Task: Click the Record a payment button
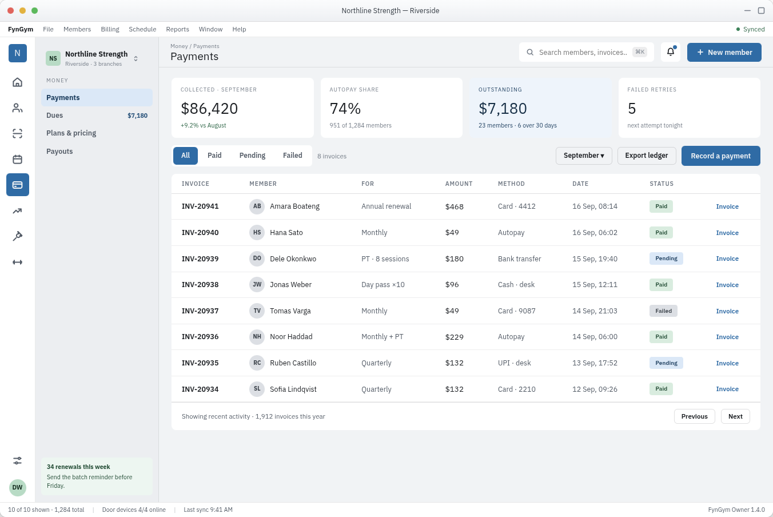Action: coord(720,156)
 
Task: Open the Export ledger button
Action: coord(646,156)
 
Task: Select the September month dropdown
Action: coord(584,156)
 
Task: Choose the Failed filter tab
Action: coord(292,156)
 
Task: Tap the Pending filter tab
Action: coord(252,156)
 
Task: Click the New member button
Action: coord(724,53)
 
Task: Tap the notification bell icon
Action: coord(670,52)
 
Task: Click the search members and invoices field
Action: coord(586,53)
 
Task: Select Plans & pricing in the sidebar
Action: coord(71,133)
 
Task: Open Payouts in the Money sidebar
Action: coord(59,152)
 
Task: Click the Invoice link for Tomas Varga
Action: coord(727,311)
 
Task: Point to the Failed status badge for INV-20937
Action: coord(663,311)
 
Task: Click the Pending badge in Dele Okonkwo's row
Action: coord(666,258)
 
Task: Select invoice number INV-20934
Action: coord(200,389)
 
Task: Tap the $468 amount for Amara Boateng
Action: coord(454,206)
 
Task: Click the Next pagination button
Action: coord(735,416)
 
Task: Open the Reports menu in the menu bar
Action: coord(177,29)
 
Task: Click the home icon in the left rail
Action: coord(17,82)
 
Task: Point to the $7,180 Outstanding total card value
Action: coord(503,108)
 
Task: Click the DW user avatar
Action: coord(17,487)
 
